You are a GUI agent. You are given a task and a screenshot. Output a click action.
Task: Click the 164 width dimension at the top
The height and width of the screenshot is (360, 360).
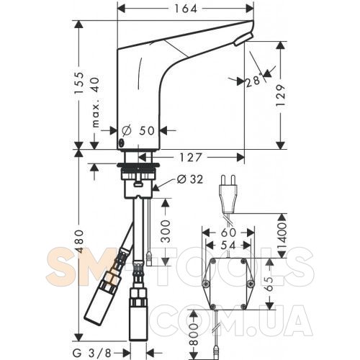click(x=186, y=9)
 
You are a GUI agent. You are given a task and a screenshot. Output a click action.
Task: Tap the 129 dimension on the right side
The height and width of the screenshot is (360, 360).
click(x=281, y=96)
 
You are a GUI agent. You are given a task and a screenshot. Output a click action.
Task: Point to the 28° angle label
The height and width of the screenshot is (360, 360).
click(x=253, y=81)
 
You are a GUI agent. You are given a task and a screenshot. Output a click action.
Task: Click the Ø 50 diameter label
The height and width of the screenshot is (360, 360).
click(x=138, y=130)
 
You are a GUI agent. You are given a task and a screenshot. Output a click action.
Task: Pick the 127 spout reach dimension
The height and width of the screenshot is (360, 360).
click(x=191, y=158)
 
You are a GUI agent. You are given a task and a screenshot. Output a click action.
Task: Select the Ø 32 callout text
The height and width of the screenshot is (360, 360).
click(x=190, y=179)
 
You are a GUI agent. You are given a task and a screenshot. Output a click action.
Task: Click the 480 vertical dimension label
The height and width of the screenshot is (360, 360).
click(x=79, y=241)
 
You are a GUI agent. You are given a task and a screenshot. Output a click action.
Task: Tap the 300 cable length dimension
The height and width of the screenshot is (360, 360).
click(x=166, y=231)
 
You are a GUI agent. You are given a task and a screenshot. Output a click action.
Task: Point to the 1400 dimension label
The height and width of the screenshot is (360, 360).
click(x=282, y=237)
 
